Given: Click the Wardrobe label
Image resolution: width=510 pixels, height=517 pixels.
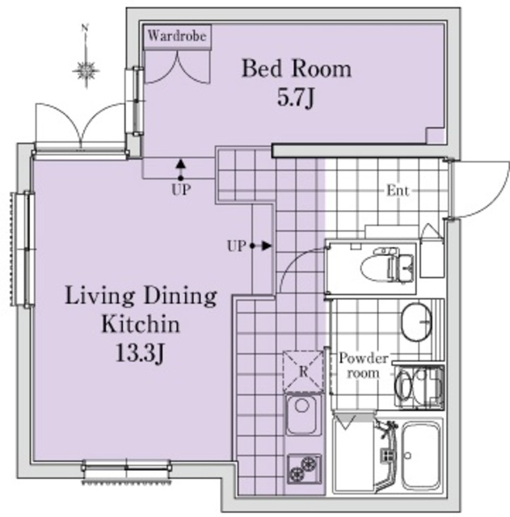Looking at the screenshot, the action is click(x=177, y=36).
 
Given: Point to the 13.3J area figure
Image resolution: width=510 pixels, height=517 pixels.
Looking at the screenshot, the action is click(x=140, y=354).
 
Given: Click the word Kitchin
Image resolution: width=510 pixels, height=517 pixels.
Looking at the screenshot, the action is click(x=141, y=325).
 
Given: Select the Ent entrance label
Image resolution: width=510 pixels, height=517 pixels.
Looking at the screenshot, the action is click(x=398, y=191).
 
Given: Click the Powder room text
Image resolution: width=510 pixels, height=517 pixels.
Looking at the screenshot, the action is click(x=363, y=366).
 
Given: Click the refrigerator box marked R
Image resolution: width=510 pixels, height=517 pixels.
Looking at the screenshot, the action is click(x=303, y=372).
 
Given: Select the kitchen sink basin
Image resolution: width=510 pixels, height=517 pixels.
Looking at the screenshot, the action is click(x=303, y=414).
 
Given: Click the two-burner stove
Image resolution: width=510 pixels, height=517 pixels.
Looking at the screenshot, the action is click(x=304, y=469).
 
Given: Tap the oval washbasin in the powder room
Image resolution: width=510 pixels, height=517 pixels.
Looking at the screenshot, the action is click(x=416, y=322).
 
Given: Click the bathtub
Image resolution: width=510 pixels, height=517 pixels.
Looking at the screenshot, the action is click(x=421, y=456).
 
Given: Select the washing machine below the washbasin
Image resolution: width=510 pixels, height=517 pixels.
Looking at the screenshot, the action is click(x=419, y=386).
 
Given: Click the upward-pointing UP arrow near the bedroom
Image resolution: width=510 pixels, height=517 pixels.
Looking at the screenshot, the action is click(x=180, y=169).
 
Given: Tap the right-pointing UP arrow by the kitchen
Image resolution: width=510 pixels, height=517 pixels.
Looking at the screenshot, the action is click(x=261, y=246).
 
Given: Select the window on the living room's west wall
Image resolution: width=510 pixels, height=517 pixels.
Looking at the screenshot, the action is click(x=23, y=250).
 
